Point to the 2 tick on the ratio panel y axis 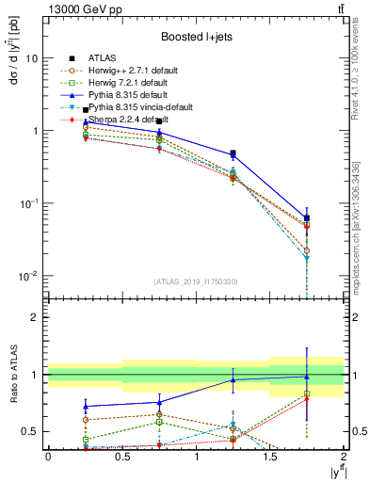point(34,317)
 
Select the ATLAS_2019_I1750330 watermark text point(195,281)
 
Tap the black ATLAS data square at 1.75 point(307,217)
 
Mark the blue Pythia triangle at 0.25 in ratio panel point(86,407)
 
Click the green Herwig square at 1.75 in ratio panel point(307,394)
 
